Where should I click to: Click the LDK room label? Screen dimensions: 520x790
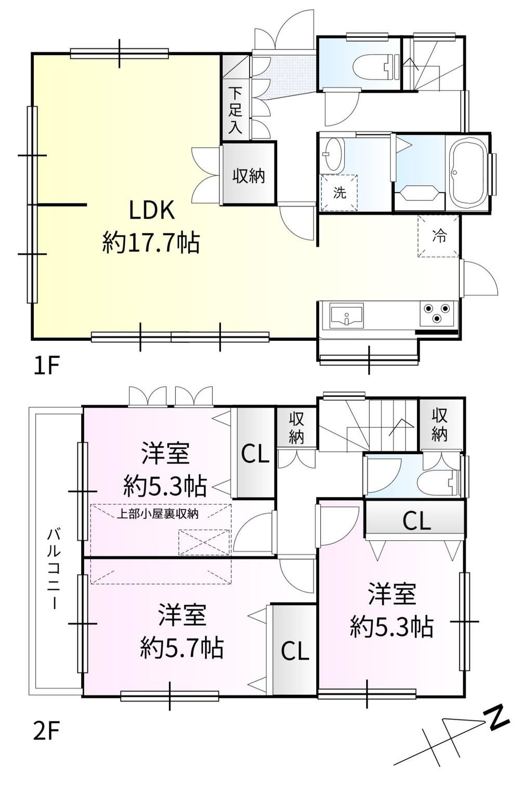(151, 210)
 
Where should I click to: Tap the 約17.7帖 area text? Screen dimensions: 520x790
(151, 243)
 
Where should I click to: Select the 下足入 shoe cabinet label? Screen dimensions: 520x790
(236, 110)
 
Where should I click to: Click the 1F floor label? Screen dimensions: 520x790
(45, 365)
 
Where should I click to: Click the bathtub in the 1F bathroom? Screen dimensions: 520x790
(466, 173)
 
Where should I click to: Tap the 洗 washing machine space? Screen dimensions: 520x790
(339, 193)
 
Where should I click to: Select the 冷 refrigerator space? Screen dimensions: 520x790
(439, 236)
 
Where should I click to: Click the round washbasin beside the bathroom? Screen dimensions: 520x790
(333, 154)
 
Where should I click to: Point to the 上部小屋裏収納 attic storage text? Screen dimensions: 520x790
(158, 514)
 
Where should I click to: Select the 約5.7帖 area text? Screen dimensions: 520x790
(182, 648)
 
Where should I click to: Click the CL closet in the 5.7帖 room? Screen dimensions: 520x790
(295, 651)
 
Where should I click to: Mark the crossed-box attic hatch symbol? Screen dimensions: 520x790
(204, 542)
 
